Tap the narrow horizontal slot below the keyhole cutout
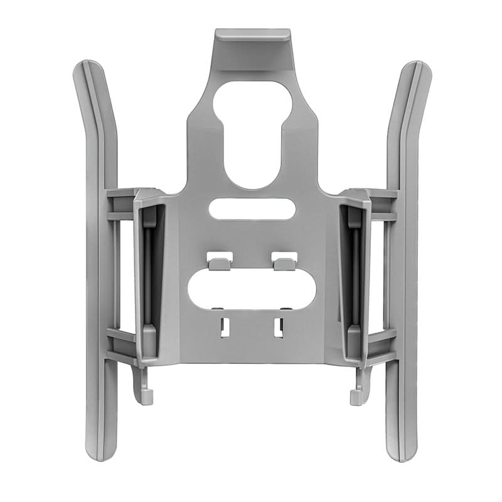pos(251,209)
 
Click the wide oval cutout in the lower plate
pos(251,289)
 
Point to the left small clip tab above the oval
pos(217,259)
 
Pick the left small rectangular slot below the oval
pos(223,327)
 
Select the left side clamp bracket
pos(149,276)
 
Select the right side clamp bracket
pos(354,276)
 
